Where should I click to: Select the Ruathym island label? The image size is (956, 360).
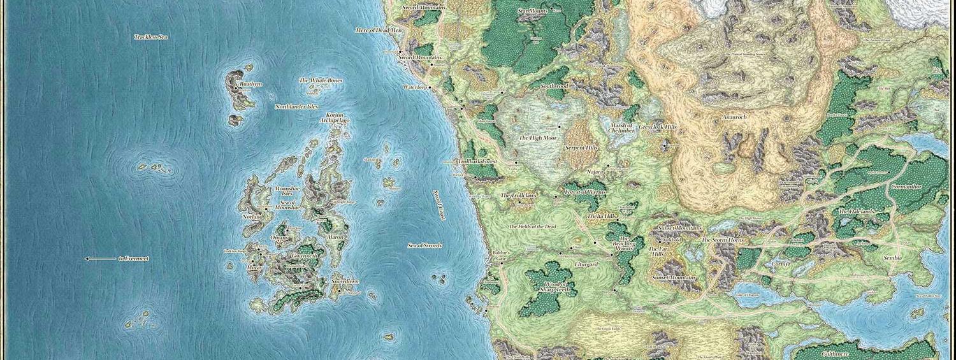pyautogui.click(x=250, y=84)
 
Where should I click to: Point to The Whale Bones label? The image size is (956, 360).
pyautogui.click(x=321, y=81)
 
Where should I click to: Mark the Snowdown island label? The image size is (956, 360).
pyautogui.click(x=345, y=282)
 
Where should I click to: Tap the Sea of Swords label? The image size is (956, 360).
pyautogui.click(x=424, y=245)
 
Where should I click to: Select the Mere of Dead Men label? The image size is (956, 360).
pyautogui.click(x=379, y=30)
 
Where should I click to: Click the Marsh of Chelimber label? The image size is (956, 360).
pyautogui.click(x=621, y=130)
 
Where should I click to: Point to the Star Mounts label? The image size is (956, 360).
pyautogui.click(x=533, y=11)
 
